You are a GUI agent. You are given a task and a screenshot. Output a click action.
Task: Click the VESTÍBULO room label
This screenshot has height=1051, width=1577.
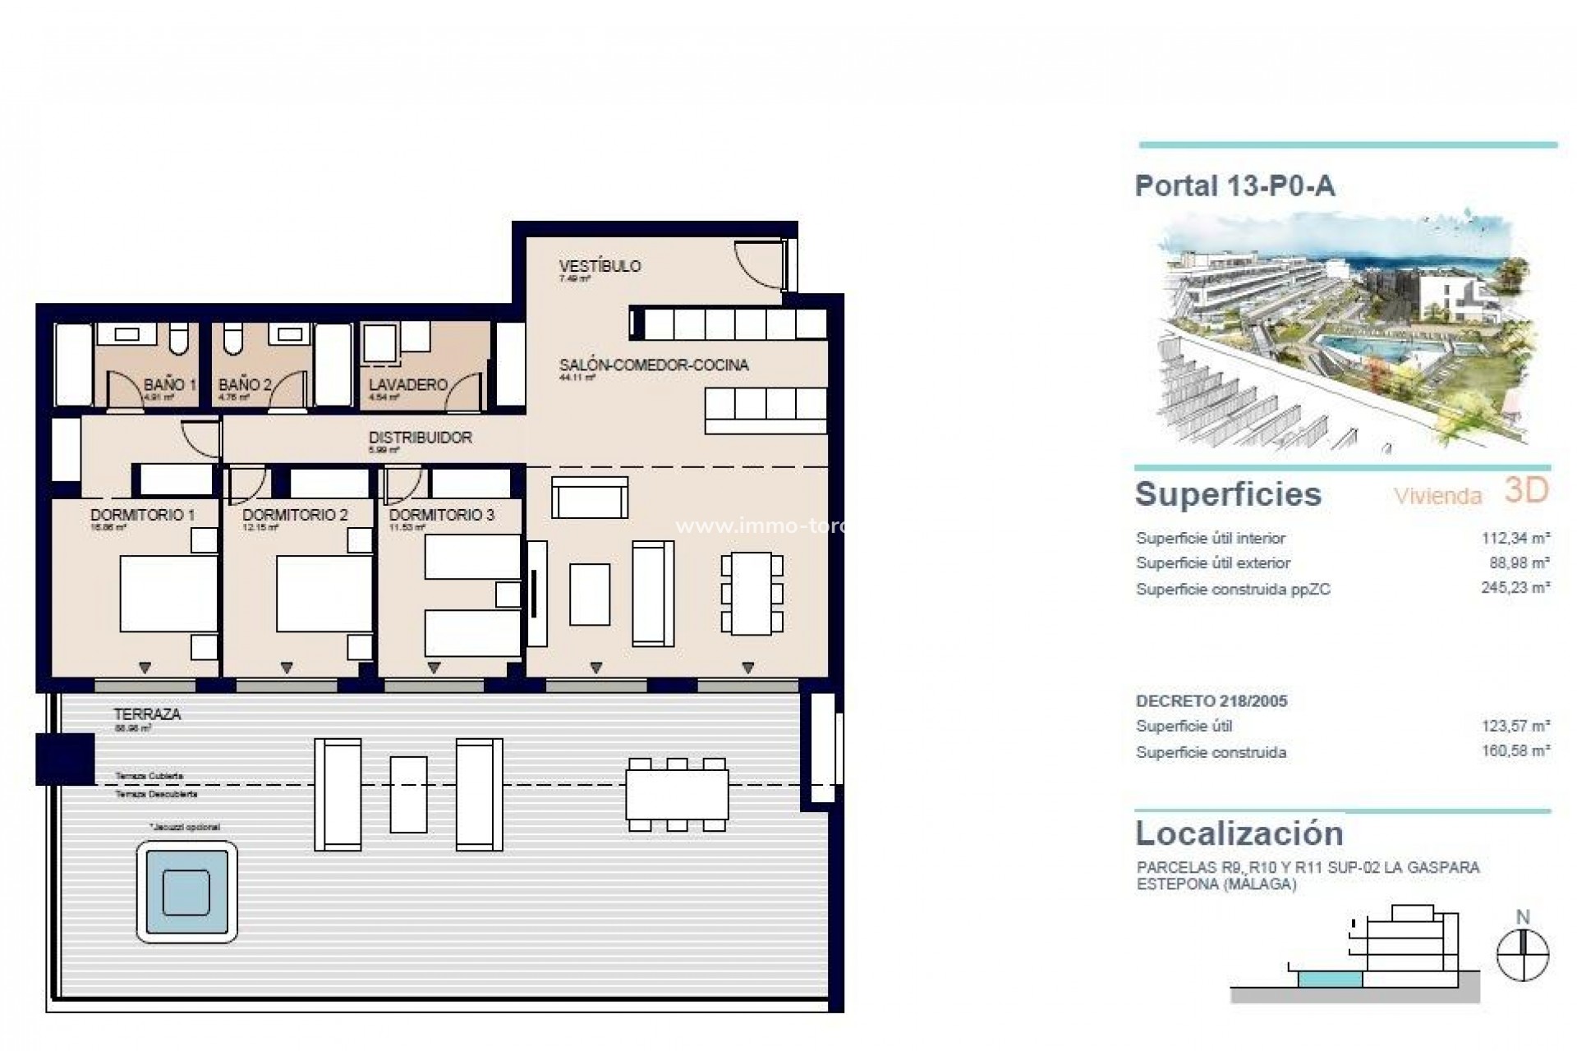point(600,266)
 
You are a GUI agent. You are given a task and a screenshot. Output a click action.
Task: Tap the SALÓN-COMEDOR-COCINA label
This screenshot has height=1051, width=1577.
point(654,365)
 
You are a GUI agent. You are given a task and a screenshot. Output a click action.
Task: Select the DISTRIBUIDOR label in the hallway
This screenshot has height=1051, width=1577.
point(420,438)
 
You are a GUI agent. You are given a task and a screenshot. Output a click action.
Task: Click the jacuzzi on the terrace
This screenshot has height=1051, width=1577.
point(186,892)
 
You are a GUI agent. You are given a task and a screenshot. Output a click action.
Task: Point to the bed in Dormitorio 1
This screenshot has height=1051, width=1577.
point(168,594)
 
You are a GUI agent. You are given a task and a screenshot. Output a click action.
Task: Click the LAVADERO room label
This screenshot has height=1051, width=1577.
point(407,384)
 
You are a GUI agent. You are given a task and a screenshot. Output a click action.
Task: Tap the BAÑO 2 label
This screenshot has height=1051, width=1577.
point(245,384)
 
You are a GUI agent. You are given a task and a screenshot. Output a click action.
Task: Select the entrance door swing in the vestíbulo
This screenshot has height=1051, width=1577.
point(757,263)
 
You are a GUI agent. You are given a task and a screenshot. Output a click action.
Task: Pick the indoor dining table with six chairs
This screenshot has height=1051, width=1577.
point(752,593)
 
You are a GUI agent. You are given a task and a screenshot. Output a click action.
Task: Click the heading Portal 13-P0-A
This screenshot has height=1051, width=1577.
point(1234,186)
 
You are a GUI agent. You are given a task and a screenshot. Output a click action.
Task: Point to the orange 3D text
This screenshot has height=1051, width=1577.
point(1526,490)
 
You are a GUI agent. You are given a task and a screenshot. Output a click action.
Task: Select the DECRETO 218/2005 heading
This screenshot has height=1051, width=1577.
point(1211,701)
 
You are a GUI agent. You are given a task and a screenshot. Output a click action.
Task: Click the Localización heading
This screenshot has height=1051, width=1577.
point(1239,833)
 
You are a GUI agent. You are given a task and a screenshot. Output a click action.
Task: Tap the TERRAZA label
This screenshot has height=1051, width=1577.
point(148,714)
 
